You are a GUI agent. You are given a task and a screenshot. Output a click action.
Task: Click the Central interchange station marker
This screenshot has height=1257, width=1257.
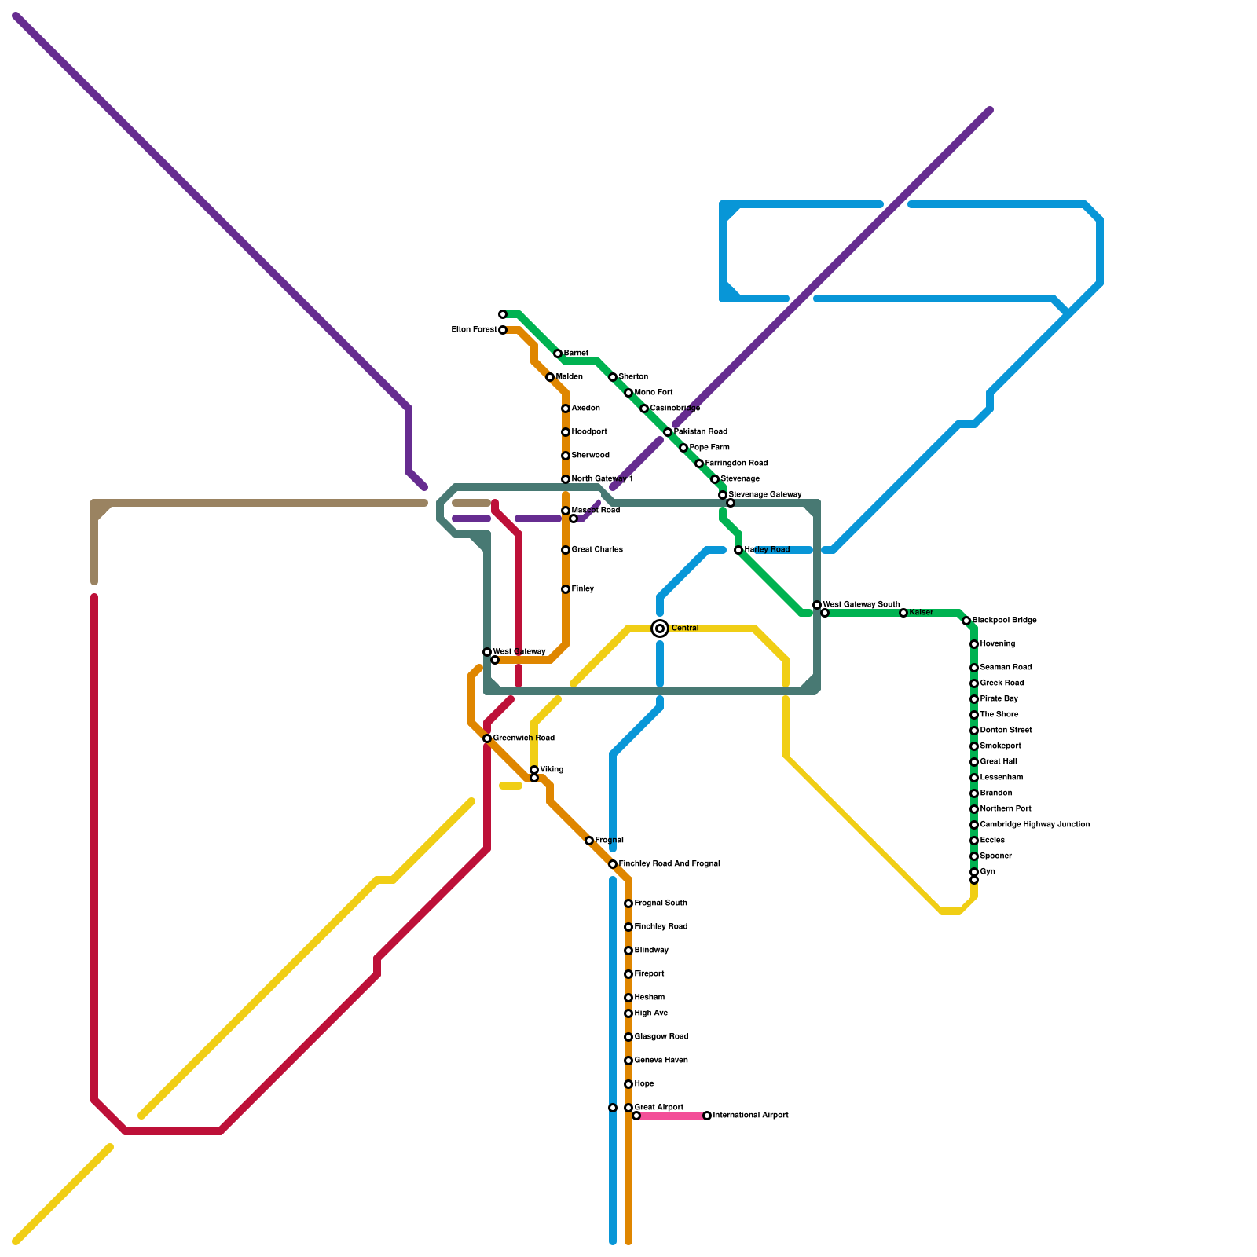pyautogui.click(x=660, y=628)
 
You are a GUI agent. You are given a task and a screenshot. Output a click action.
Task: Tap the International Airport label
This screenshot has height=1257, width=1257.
pyautogui.click(x=750, y=1116)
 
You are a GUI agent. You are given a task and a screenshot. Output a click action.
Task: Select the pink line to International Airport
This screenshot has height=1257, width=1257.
pyautogui.click(x=672, y=1116)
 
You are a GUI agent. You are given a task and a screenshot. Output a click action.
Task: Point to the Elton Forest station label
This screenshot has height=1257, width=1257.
pyautogui.click(x=474, y=330)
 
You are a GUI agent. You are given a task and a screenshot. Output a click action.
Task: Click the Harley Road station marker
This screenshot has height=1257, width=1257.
pyautogui.click(x=738, y=550)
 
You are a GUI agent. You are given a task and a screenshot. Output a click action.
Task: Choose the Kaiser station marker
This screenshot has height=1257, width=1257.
pyautogui.click(x=903, y=613)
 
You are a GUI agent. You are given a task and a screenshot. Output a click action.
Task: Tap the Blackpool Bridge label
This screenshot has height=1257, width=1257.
pyautogui.click(x=1004, y=621)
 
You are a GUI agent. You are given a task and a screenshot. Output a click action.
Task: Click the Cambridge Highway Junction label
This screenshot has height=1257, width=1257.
pyautogui.click(x=1035, y=825)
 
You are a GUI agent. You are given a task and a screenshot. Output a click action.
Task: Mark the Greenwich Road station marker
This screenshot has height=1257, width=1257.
pyautogui.click(x=487, y=738)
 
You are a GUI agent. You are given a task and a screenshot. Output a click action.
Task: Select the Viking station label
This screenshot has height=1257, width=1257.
pyautogui.click(x=552, y=770)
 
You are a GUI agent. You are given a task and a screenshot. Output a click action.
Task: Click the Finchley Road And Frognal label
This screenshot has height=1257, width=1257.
pyautogui.click(x=669, y=864)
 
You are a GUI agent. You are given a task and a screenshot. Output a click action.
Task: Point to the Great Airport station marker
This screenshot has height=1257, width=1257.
pyautogui.click(x=628, y=1108)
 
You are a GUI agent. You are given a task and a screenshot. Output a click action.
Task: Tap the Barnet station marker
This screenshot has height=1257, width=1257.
pyautogui.click(x=558, y=354)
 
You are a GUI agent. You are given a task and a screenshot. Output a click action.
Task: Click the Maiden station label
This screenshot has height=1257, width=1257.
pyautogui.click(x=570, y=377)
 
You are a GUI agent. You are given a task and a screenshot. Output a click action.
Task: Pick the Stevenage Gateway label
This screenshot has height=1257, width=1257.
pyautogui.click(x=765, y=495)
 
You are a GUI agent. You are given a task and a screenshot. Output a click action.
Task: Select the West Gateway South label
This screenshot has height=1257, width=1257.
pyautogui.click(x=861, y=605)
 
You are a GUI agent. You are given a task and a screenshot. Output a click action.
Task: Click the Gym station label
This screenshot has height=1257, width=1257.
pyautogui.click(x=988, y=872)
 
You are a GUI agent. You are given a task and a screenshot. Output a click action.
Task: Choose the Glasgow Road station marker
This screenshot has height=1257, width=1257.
pyautogui.click(x=628, y=1037)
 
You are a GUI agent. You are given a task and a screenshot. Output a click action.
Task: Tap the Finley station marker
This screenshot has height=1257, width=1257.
pyautogui.click(x=566, y=589)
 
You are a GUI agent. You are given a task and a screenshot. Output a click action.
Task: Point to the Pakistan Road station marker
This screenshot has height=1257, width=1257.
pyautogui.click(x=668, y=432)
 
